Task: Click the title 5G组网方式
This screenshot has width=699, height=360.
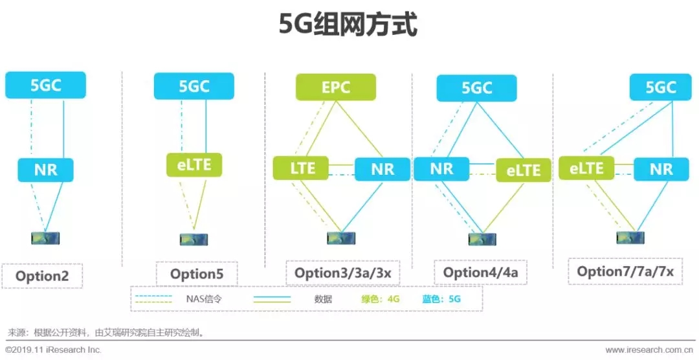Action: tap(348, 25)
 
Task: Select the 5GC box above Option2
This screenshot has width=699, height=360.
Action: tap(45, 85)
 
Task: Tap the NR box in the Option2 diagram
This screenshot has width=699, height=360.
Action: tap(45, 170)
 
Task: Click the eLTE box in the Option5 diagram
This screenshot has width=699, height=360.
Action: tap(194, 165)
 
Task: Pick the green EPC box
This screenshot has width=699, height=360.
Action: tap(336, 87)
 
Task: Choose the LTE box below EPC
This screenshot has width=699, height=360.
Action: tap(300, 168)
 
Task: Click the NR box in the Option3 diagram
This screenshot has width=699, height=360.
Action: tap(383, 169)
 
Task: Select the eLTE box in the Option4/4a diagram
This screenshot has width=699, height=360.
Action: tap(524, 170)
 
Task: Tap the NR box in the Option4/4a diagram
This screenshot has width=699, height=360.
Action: tap(441, 168)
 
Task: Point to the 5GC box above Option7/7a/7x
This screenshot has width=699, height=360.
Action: tap(660, 87)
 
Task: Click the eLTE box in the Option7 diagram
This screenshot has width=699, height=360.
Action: tap(586, 168)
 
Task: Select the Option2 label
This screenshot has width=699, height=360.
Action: tap(42, 276)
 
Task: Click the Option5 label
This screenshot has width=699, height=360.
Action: tap(197, 274)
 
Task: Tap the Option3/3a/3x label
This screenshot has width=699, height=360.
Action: tap(343, 273)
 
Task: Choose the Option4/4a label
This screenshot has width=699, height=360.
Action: tap(480, 272)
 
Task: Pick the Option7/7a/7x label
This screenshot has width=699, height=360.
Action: tap(625, 271)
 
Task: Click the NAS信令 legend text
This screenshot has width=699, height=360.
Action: tap(204, 299)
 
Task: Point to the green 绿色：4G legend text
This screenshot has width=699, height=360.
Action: tap(381, 298)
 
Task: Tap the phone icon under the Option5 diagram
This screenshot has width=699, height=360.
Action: tap(194, 240)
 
